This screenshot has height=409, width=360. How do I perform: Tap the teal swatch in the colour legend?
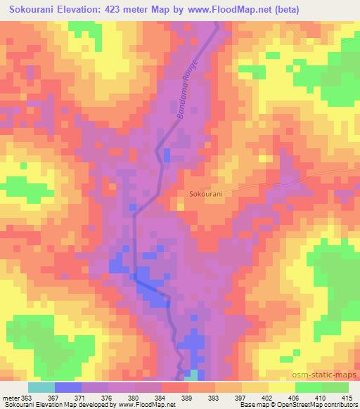[41, 387]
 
